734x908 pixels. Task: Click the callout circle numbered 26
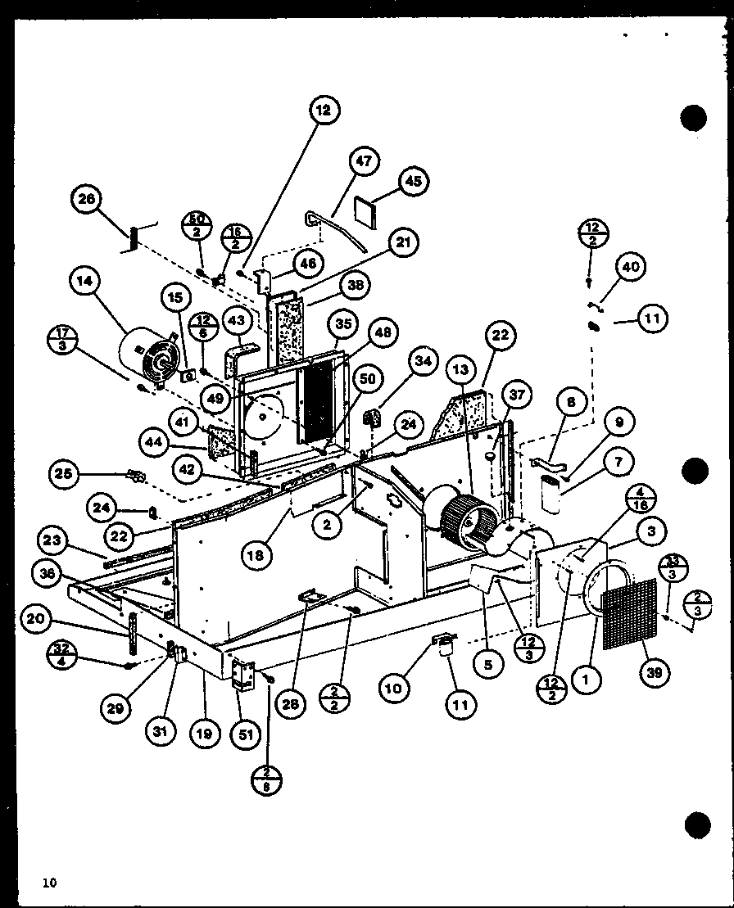[87, 199]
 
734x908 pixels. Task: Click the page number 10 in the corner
[51, 882]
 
